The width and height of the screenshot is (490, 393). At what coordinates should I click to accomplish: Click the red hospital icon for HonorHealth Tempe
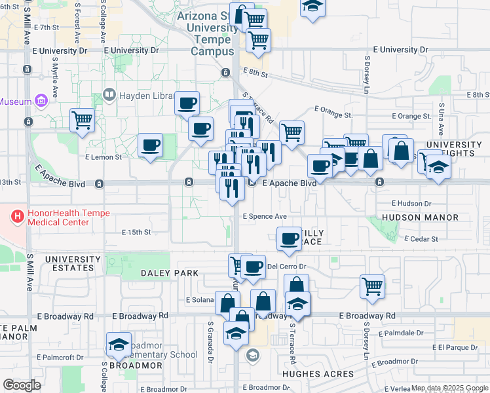pyautogui.click(x=18, y=214)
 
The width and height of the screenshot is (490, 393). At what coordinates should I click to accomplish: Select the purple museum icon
pyautogui.click(x=41, y=102)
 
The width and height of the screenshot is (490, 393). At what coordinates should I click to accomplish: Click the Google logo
pyautogui.click(x=22, y=385)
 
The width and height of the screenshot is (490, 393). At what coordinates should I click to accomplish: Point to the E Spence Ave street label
pyautogui.click(x=265, y=216)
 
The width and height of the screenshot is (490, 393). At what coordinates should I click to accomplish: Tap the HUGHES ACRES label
pyautogui.click(x=318, y=374)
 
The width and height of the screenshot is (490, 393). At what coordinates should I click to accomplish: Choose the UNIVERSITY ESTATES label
pyautogui.click(x=69, y=264)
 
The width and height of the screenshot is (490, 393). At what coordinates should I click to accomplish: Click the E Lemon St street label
pyautogui.click(x=104, y=157)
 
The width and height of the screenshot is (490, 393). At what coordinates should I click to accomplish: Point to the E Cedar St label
pyautogui.click(x=421, y=239)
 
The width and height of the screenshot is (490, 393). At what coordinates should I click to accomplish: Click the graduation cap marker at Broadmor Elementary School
pyautogui.click(x=119, y=344)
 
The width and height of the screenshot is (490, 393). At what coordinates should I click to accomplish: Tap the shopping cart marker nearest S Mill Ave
pyautogui.click(x=83, y=120)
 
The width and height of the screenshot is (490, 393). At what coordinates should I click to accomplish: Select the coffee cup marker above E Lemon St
pyautogui.click(x=150, y=145)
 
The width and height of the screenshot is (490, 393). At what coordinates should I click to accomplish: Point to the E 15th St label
pyautogui.click(x=136, y=232)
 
